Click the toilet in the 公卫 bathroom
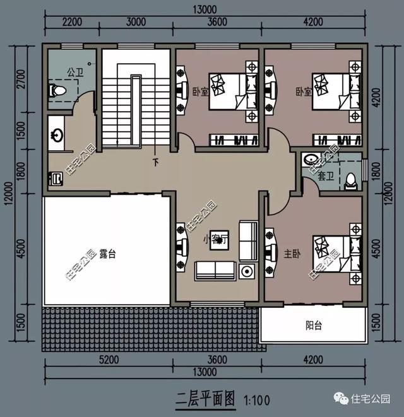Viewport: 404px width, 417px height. pyautogui.click(x=58, y=91)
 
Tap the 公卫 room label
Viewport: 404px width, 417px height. pyautogui.click(x=74, y=70)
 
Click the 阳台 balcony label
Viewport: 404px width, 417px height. pyautogui.click(x=314, y=326)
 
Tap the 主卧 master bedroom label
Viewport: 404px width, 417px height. pyautogui.click(x=292, y=254)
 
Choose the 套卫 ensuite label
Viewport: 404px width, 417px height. pyautogui.click(x=325, y=177)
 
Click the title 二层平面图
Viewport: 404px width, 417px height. pyautogui.click(x=206, y=399)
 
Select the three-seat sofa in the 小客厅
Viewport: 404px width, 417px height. pyautogui.click(x=215, y=271)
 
